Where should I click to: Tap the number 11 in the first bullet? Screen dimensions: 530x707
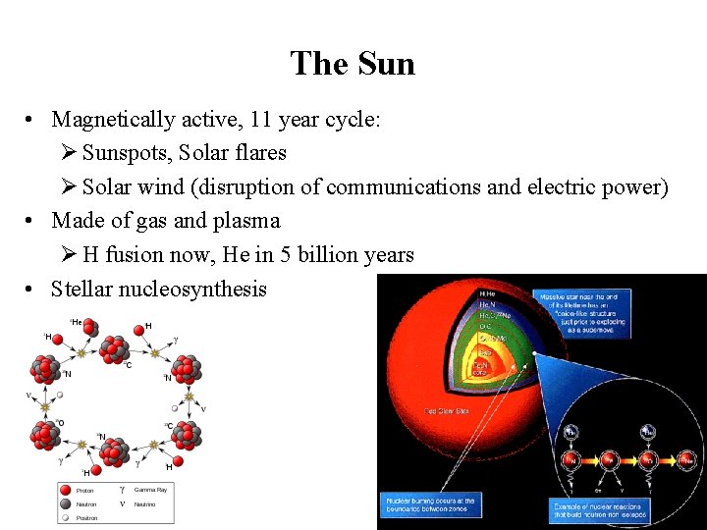point(262,120)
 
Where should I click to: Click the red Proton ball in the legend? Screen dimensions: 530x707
point(66,490)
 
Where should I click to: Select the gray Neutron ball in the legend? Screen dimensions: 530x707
point(66,503)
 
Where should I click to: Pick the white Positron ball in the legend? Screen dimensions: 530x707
point(66,516)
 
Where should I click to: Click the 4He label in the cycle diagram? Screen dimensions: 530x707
point(76,322)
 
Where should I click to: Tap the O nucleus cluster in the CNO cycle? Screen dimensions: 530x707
point(44,434)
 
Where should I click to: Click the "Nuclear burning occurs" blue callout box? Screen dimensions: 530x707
point(430,504)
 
